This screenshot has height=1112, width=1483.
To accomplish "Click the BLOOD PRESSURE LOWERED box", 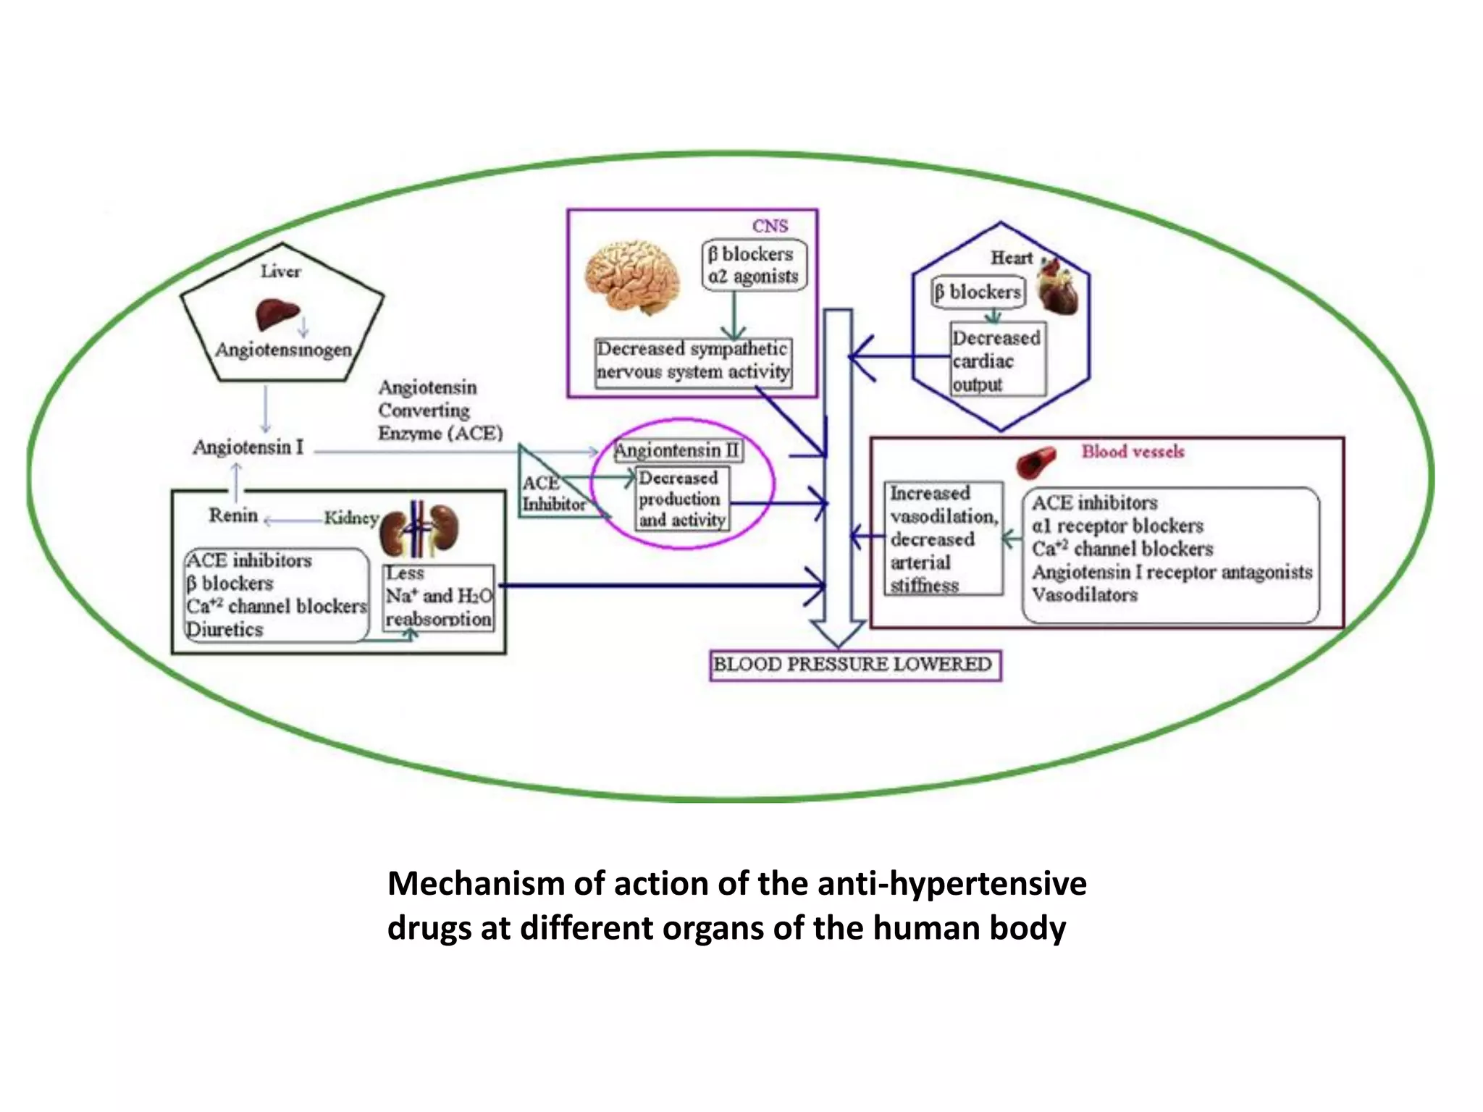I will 854,665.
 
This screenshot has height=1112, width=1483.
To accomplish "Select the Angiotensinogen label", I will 283,350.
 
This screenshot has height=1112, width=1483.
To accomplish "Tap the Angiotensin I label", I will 248,447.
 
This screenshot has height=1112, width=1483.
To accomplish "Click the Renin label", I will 233,515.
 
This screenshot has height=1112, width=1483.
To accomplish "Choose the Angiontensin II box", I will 676,450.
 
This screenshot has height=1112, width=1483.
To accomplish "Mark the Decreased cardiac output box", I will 997,360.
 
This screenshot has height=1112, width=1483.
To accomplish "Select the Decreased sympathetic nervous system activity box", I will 692,361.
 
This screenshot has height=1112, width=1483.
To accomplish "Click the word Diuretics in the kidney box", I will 224,629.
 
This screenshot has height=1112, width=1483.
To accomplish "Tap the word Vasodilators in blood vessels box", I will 1084,595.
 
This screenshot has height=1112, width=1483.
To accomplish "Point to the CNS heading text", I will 769,226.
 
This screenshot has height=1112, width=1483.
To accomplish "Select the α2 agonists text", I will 753,277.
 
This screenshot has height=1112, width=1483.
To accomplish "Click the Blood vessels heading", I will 1133,452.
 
